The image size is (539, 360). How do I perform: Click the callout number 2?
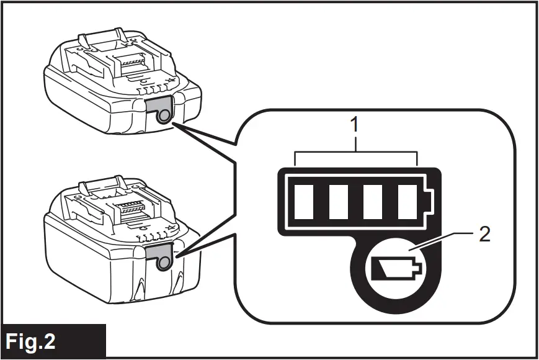[484, 234]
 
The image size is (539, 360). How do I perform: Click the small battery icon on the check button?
[394, 269]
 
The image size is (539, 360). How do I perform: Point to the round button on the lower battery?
[163, 263]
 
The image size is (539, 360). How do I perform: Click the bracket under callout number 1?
[355, 153]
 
